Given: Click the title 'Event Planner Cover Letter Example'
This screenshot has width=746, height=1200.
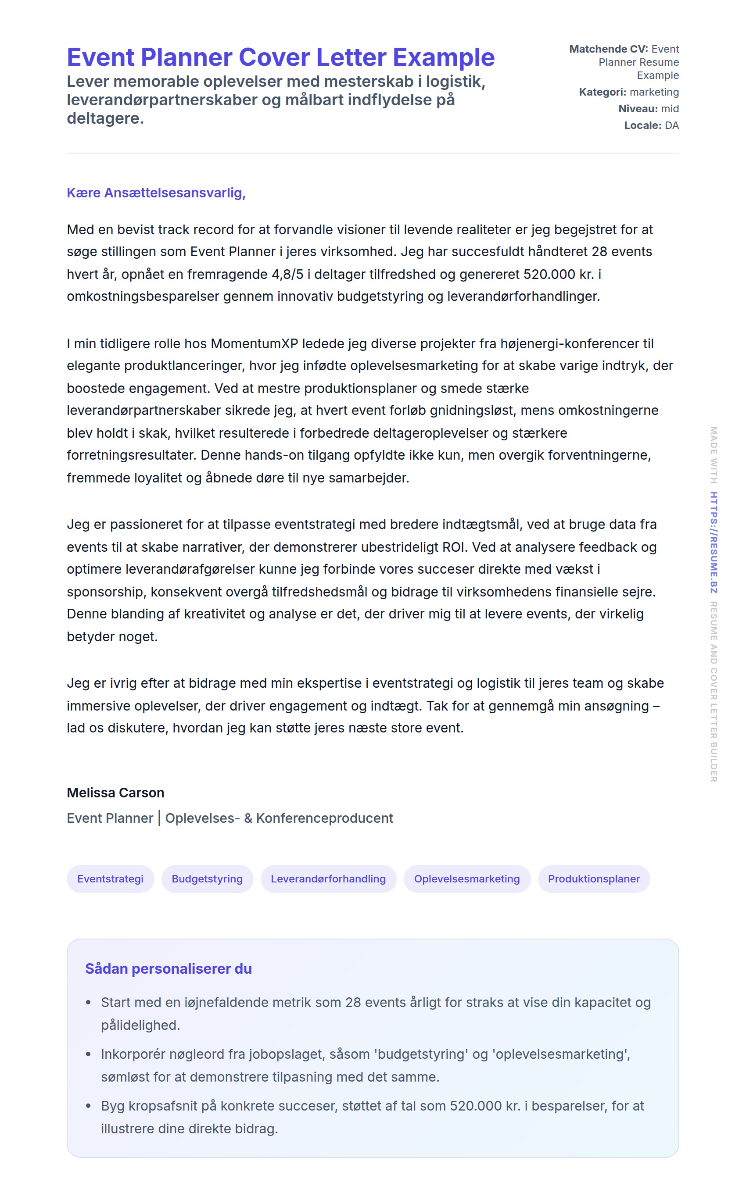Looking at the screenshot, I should click(x=280, y=57).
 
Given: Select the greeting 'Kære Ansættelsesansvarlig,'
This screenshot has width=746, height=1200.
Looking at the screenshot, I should click(x=156, y=193).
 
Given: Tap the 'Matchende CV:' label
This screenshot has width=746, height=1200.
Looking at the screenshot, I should click(x=608, y=49).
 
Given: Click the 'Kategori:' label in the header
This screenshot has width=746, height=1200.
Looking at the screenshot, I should click(x=603, y=92).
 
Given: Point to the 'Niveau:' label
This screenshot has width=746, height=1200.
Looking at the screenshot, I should click(x=638, y=109).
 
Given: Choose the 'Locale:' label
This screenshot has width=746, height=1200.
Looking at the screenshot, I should click(x=642, y=126).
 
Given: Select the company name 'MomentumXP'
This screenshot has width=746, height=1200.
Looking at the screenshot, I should click(x=255, y=343).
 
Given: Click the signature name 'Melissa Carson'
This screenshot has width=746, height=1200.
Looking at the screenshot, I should click(x=115, y=793).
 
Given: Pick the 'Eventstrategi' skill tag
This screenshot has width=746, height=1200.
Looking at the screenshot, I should click(x=111, y=879).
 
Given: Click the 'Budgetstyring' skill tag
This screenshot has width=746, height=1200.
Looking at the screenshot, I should click(x=207, y=879).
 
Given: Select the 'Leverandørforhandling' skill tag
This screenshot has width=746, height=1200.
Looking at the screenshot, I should click(x=328, y=879).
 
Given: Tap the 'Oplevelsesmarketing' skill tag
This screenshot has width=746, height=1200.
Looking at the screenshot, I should click(x=467, y=879).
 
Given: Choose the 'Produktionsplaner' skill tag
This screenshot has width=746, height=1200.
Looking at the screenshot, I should click(x=594, y=879).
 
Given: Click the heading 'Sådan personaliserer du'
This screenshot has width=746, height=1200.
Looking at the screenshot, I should click(x=168, y=969).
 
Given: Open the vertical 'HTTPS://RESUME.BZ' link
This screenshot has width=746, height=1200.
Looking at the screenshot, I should click(x=714, y=542).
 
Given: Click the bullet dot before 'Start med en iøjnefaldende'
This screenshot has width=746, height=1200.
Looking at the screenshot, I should click(x=88, y=1003).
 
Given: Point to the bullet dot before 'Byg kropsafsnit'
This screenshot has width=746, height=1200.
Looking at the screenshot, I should click(x=88, y=1106).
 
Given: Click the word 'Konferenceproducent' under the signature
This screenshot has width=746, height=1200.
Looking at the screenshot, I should click(x=324, y=818).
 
